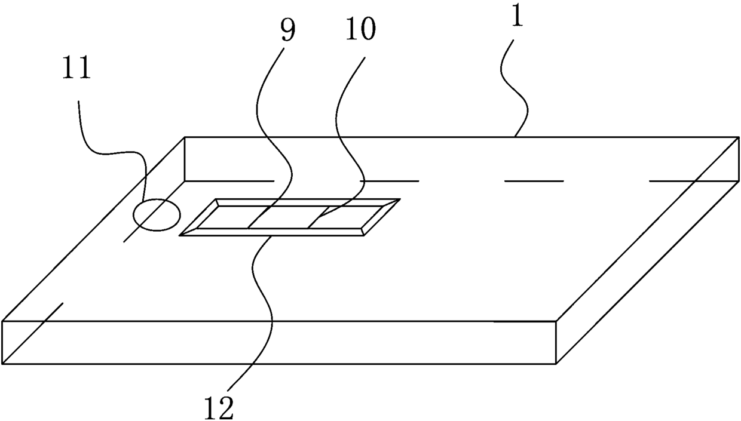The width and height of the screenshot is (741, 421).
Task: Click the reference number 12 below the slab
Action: click(218, 407)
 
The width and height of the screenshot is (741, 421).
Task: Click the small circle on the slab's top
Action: click(156, 214)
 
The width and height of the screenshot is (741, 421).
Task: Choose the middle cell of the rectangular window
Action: click(286, 217)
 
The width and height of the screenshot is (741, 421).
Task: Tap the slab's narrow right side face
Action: click(648, 251)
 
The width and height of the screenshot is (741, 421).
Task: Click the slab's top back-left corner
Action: click(185, 137)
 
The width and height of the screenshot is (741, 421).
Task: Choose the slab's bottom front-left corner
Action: click(3, 363)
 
